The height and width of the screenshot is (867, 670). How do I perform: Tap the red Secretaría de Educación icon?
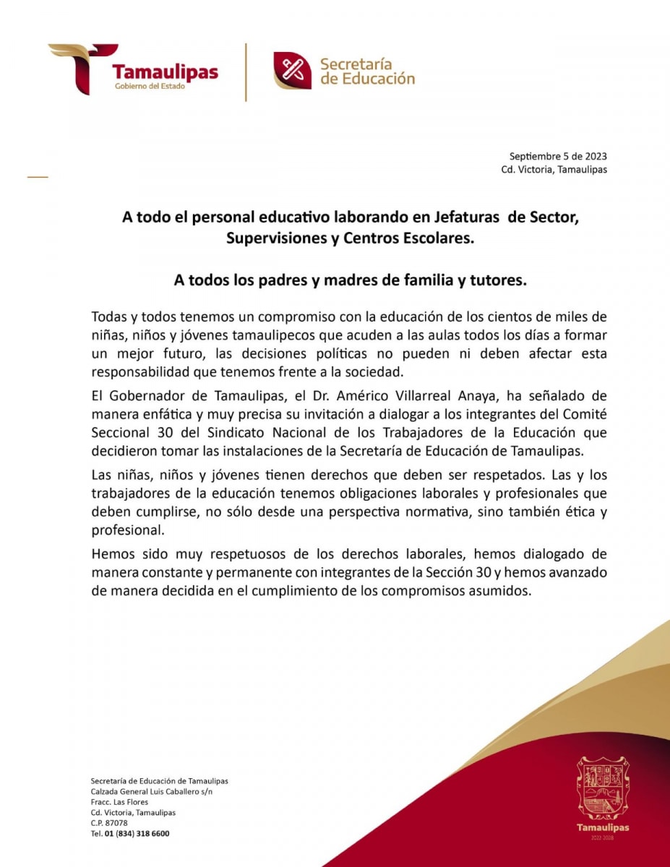pyautogui.click(x=292, y=71)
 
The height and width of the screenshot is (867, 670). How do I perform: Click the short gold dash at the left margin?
pyautogui.click(x=38, y=176)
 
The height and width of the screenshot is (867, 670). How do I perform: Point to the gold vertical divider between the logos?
pyautogui.click(x=246, y=72)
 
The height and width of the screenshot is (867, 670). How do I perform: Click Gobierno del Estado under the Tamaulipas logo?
pyautogui.click(x=150, y=87)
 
